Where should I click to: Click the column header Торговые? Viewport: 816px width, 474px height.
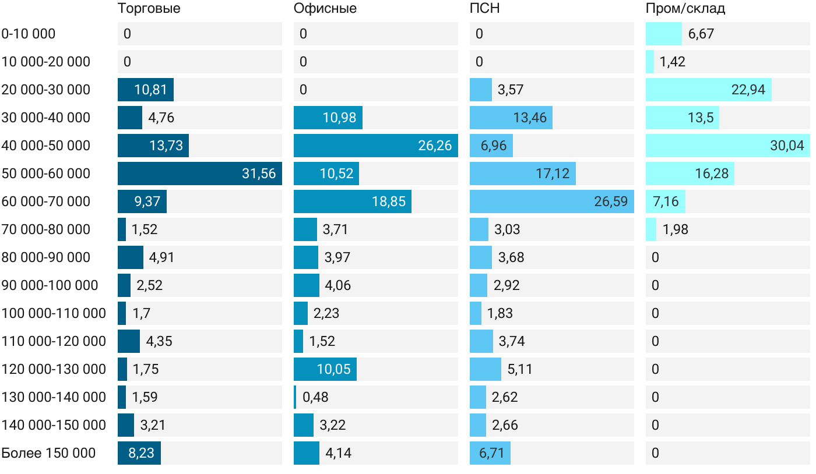coord(149,9)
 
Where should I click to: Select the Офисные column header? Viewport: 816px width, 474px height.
coord(325,9)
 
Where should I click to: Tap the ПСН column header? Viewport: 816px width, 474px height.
coord(484,9)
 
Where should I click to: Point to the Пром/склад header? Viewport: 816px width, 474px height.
coord(685,9)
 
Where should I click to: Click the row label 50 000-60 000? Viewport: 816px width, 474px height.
coord(46,174)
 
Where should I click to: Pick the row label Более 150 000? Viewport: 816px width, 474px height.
coord(48,453)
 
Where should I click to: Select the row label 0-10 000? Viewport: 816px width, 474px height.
coord(29,34)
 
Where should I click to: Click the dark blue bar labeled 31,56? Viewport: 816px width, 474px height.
coord(199,174)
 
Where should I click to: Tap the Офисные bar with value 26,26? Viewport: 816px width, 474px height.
coord(375,146)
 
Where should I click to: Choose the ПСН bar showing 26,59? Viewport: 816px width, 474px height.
coord(551,201)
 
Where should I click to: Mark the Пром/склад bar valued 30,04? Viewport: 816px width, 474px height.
coord(727,146)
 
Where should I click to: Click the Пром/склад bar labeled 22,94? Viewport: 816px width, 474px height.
coord(708,90)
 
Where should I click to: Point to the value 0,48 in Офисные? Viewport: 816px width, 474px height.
coord(315,397)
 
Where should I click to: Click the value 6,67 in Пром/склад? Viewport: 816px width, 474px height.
coord(701,34)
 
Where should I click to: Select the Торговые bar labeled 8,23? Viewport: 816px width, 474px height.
coord(139,453)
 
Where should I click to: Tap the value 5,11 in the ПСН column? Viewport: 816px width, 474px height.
coord(520,369)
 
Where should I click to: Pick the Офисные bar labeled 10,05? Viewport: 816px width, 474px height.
coord(325,369)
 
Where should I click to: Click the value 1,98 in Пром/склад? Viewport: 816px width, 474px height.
coord(675,229)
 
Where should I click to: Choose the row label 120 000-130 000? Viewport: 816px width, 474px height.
coord(54,369)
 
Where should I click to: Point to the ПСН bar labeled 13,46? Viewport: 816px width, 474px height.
coord(511,118)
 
